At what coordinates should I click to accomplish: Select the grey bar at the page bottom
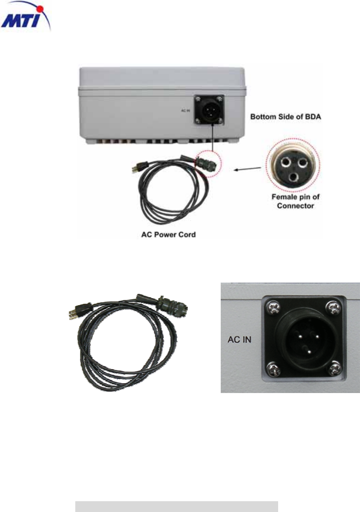point(177,506)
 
